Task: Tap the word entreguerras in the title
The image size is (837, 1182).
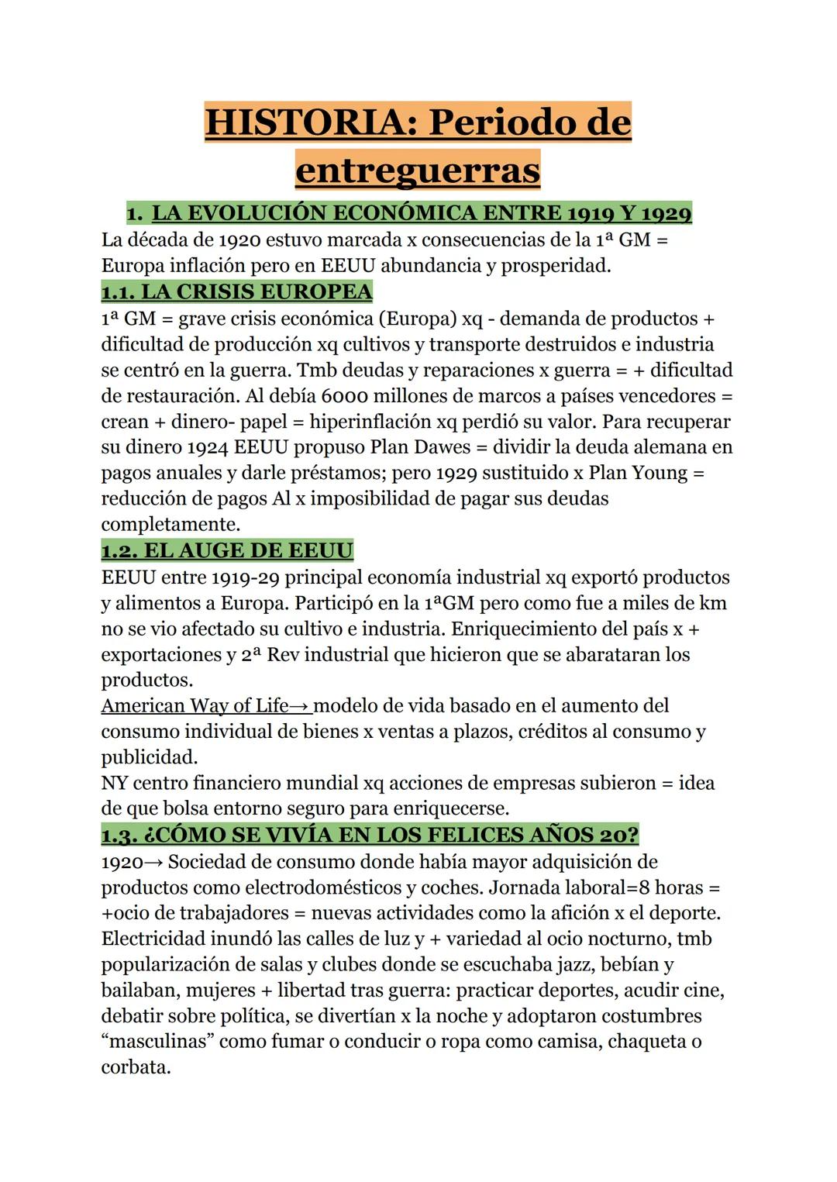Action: pyautogui.click(x=417, y=171)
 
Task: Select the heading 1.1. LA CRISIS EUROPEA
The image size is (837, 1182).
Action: pyautogui.click(x=236, y=291)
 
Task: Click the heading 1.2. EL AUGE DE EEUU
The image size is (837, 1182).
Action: pyautogui.click(x=227, y=550)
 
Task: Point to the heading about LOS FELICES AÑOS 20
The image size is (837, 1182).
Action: pyautogui.click(x=370, y=835)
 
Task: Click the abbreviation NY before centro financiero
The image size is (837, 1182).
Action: pyautogui.click(x=115, y=783)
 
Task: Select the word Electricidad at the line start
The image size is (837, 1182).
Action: pyautogui.click(x=153, y=939)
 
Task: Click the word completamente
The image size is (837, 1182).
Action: pyautogui.click(x=169, y=524)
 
